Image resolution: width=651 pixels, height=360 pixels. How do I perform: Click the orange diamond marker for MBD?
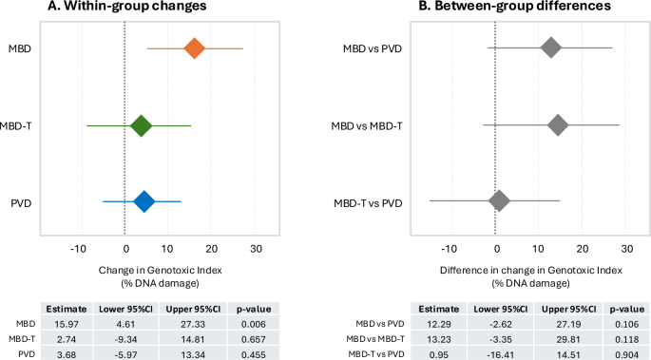(195, 48)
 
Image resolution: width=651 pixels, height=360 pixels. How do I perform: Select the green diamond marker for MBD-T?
(141, 125)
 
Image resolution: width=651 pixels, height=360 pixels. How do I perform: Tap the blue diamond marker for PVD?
(144, 201)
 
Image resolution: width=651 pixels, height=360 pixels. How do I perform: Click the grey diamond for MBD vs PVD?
(550, 48)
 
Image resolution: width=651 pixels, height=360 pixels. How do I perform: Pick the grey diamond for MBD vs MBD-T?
(557, 125)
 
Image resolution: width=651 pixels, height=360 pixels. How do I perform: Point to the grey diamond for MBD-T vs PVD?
(500, 201)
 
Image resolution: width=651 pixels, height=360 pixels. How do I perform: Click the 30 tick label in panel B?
(626, 248)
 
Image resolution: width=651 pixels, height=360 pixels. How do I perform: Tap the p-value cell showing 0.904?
(624, 352)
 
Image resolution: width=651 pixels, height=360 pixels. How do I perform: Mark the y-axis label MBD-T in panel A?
(24, 125)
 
